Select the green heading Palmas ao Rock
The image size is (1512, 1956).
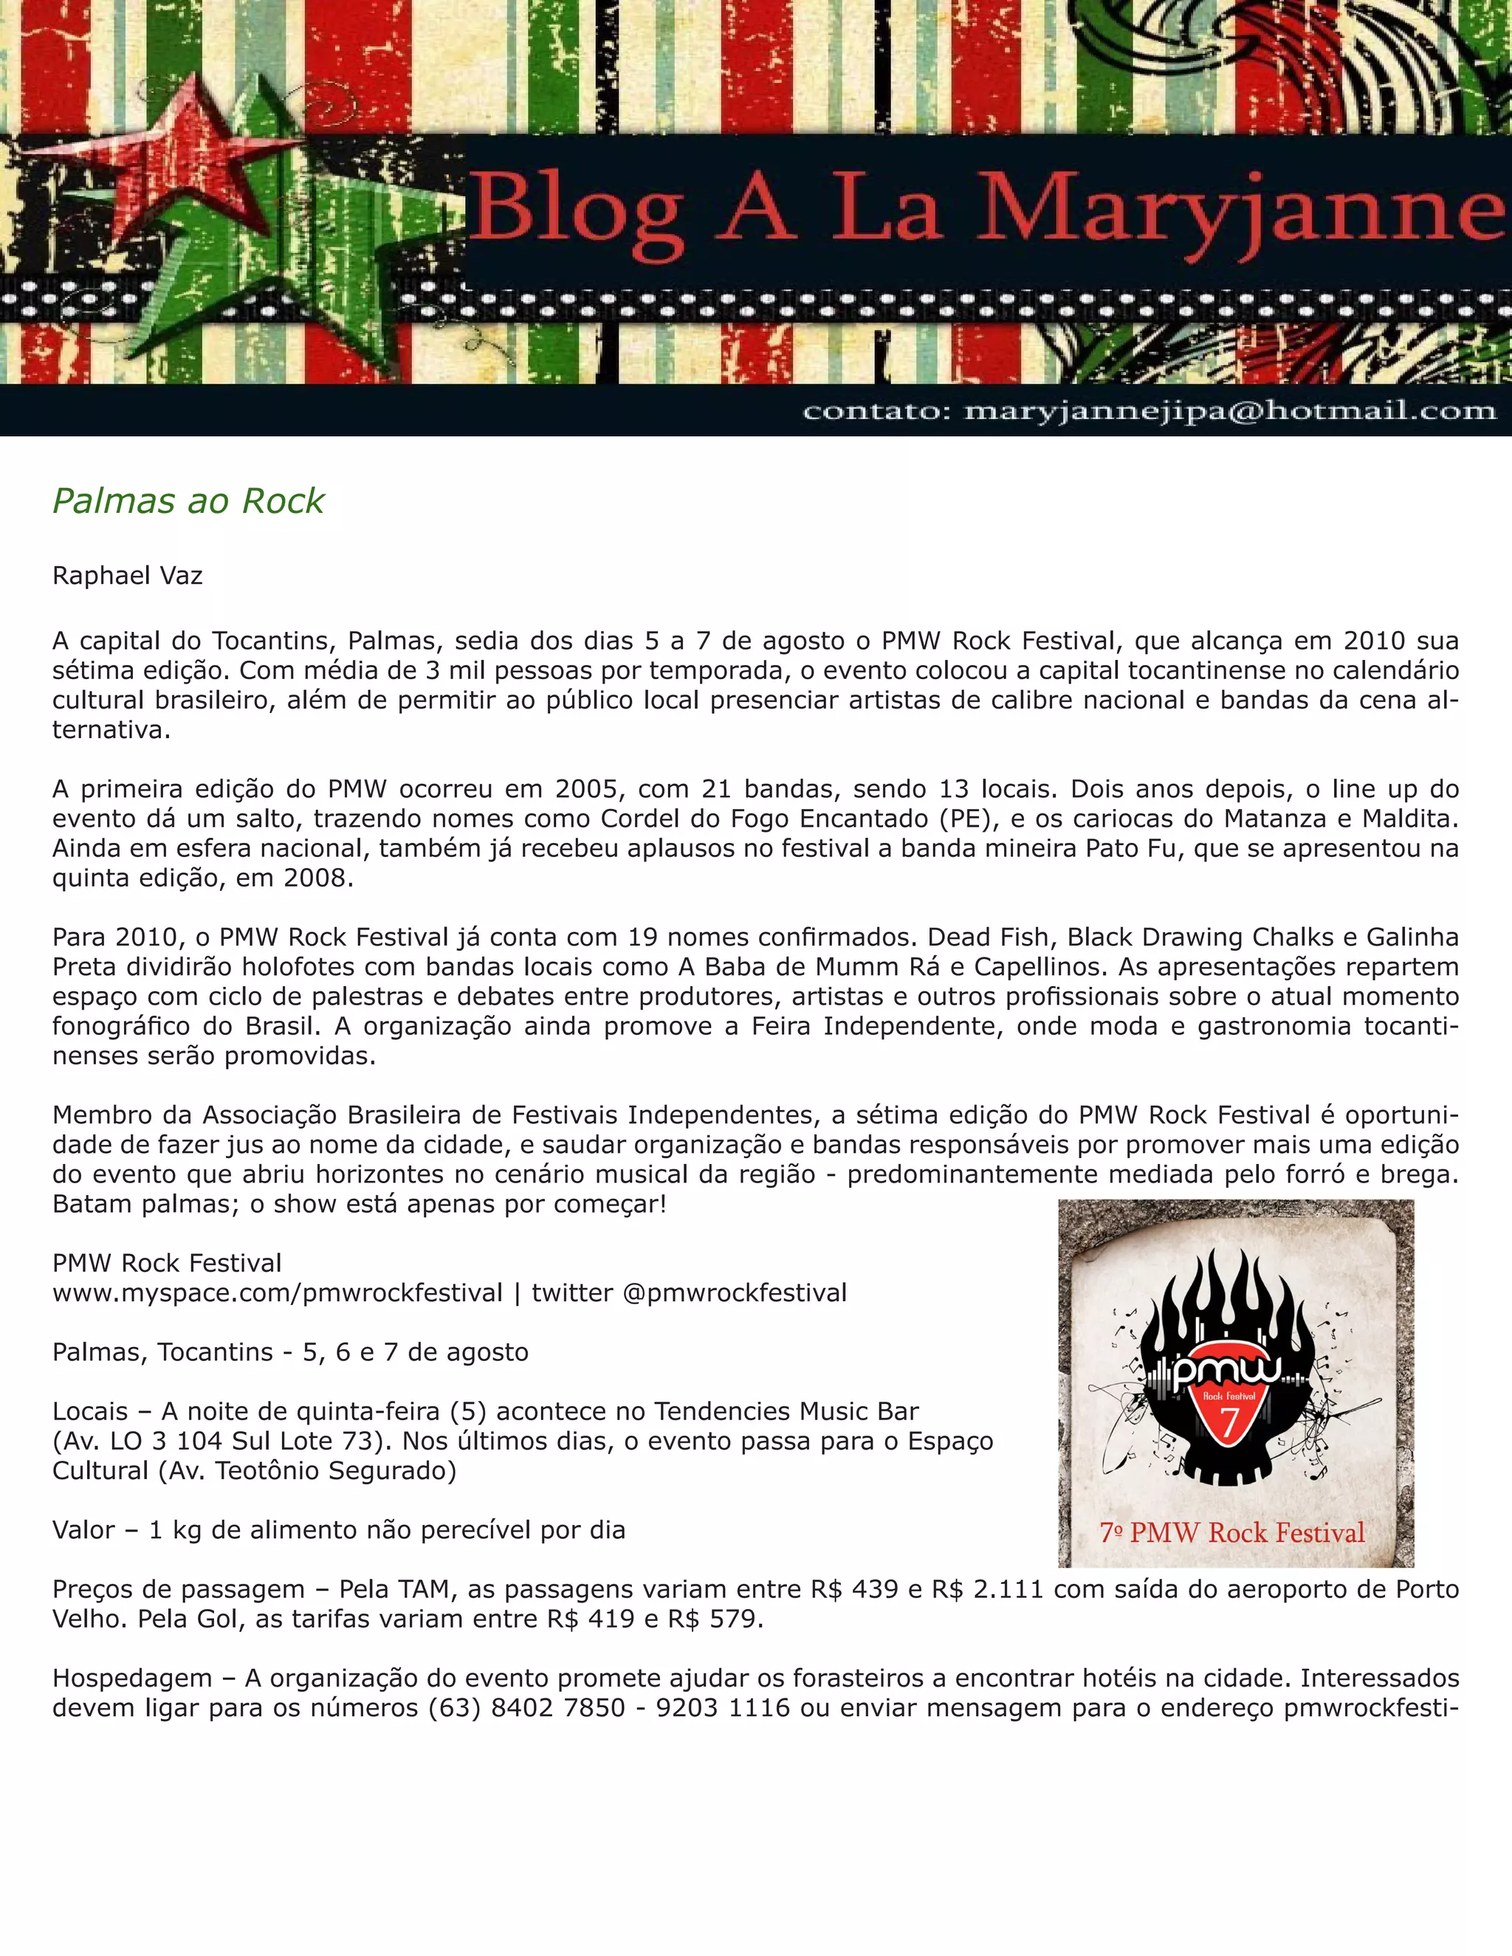point(188,500)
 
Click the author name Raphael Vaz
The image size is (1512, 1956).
point(127,575)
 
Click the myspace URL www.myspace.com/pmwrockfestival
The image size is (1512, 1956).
point(277,1292)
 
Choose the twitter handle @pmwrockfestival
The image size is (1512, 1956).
point(734,1292)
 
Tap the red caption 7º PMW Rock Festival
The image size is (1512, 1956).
point(1231,1532)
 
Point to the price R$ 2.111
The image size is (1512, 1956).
point(987,1589)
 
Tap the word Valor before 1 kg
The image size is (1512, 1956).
point(83,1529)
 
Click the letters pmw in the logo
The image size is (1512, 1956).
point(1226,1370)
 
